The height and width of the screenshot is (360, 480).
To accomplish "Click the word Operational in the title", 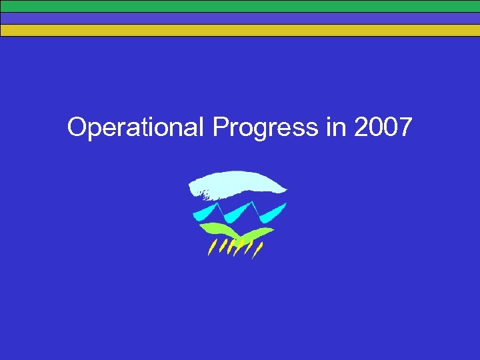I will coord(134,127).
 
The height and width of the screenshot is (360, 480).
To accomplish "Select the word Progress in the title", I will coord(266,127).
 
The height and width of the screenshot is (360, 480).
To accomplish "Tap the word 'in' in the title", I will coord(336,127).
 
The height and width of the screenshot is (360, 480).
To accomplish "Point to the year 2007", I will coord(383,127).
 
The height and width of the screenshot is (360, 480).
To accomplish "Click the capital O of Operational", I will coord(77,127).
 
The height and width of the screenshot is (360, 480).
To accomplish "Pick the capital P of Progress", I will coord(220,127).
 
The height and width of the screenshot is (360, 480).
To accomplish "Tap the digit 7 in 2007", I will coord(405,127).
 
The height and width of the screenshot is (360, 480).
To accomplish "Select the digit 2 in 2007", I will coord(362,127).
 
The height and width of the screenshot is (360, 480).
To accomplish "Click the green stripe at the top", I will coord(240,6).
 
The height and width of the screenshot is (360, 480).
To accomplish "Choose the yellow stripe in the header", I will coord(240,30).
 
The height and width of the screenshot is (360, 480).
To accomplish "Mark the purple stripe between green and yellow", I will coord(240,18).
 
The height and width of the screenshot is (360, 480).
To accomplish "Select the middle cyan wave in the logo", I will coord(235,214).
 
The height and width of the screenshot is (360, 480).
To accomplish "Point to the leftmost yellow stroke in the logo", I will coord(211,249).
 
